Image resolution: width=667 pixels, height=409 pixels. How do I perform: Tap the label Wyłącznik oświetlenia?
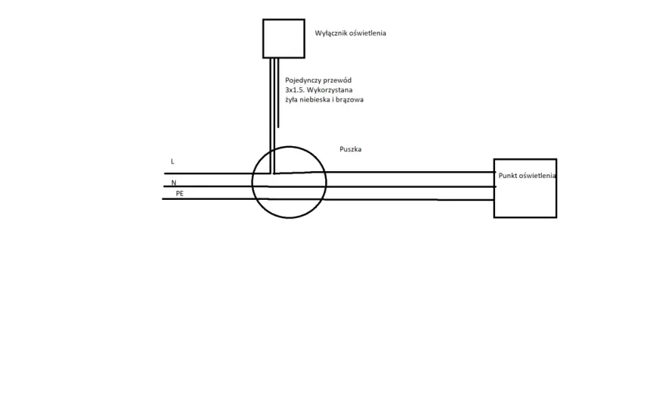350,33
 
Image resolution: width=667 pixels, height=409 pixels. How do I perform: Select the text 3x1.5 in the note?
295,90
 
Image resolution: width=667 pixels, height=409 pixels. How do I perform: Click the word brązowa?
349,100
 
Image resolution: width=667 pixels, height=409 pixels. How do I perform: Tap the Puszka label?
350,149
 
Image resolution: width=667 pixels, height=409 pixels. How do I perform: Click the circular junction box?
252,183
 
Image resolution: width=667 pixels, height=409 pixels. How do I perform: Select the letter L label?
172,161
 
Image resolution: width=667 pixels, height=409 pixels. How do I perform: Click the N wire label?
174,183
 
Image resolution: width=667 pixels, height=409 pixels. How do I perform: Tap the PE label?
180,193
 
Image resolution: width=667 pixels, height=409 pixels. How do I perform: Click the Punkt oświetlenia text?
527,176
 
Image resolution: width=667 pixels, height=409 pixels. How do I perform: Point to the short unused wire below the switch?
278,92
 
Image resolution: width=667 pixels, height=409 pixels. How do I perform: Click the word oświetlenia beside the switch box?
368,33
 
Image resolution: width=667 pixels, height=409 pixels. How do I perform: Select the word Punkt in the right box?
508,176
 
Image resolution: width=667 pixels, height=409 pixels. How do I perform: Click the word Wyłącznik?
330,33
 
